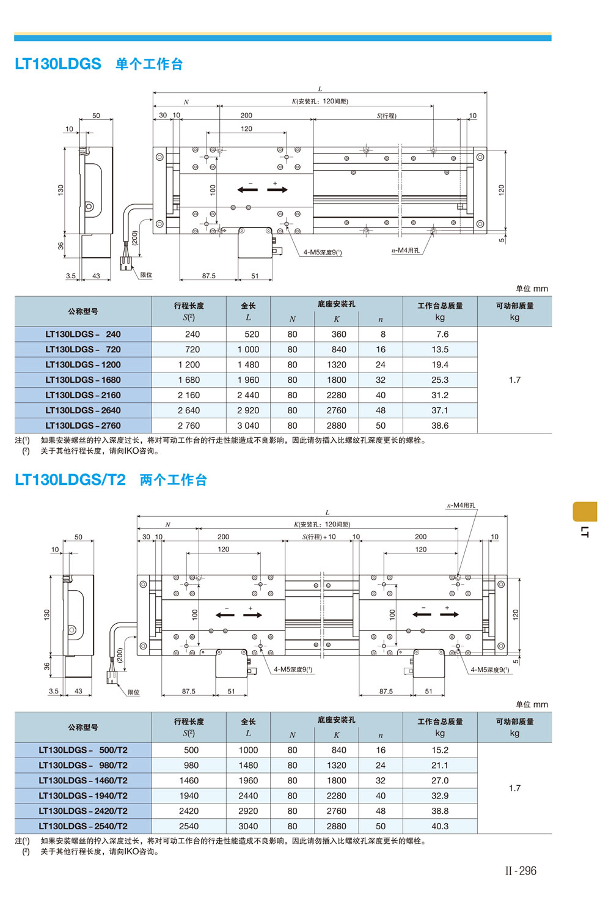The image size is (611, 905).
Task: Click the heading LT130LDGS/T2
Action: click(x=70, y=479)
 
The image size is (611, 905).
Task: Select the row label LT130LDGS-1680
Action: click(x=82, y=380)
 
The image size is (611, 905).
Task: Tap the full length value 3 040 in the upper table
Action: click(x=248, y=426)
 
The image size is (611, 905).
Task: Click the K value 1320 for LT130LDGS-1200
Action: click(x=337, y=364)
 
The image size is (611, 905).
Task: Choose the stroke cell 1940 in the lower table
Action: click(x=189, y=796)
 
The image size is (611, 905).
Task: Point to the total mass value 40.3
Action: click(x=440, y=826)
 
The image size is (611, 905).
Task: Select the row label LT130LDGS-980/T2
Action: click(x=82, y=765)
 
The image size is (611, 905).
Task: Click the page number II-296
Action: click(x=521, y=871)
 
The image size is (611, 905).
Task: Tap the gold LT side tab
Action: click(x=585, y=511)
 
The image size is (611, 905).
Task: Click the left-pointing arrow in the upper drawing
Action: click(x=247, y=190)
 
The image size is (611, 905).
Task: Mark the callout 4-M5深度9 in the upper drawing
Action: click(x=323, y=253)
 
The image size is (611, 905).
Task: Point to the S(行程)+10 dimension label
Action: click(x=319, y=537)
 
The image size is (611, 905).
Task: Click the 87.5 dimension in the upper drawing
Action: click(x=208, y=276)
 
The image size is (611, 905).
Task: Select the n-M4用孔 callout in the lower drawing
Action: click(x=461, y=506)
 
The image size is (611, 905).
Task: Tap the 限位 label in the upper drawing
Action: click(x=146, y=275)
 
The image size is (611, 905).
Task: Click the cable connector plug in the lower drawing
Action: click(x=112, y=677)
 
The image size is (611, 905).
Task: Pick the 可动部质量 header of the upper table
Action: click(x=514, y=306)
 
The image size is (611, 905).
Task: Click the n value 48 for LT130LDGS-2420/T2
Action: click(x=381, y=811)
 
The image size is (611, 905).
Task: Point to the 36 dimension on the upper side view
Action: click(x=60, y=246)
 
